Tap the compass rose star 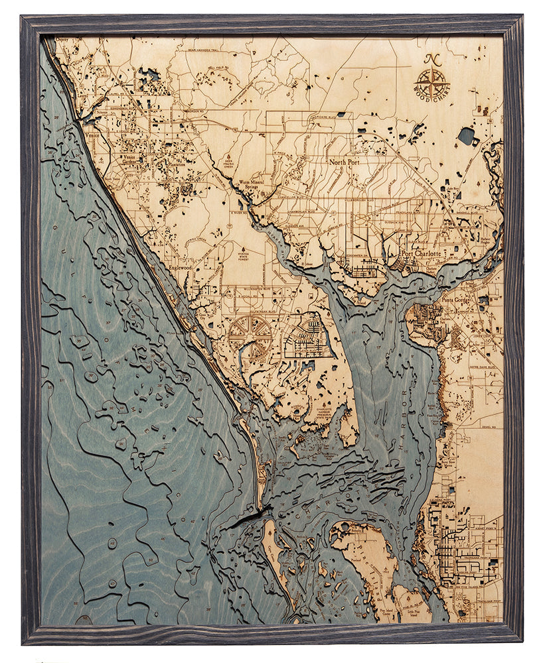pyautogui.click(x=431, y=84)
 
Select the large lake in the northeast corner pyautogui.click(x=466, y=136)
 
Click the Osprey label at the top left pyautogui.click(x=63, y=40)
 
